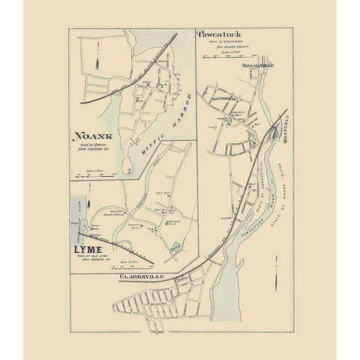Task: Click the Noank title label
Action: [91, 136]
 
